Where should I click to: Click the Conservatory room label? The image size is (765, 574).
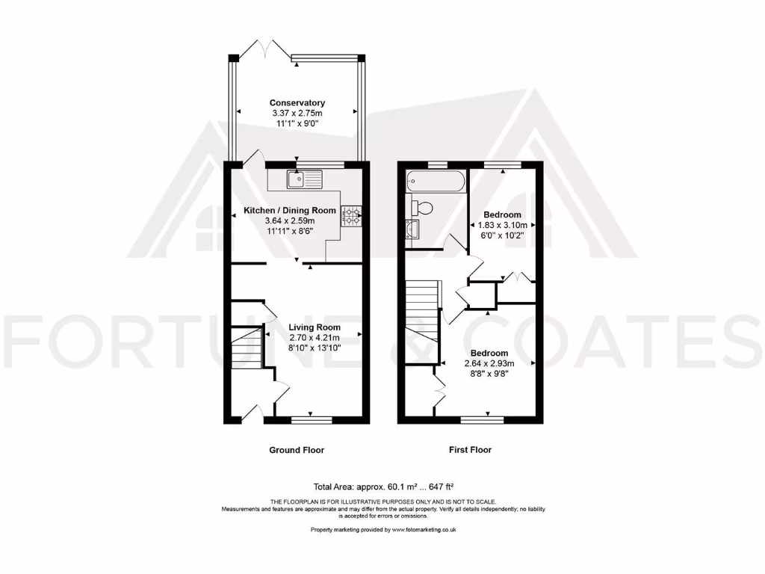pyautogui.click(x=297, y=102)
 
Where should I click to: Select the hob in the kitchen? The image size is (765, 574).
pyautogui.click(x=350, y=216)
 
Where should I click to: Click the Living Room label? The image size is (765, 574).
pyautogui.click(x=315, y=327)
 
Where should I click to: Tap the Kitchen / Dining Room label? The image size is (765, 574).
pyautogui.click(x=290, y=211)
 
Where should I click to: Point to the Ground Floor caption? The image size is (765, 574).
pyautogui.click(x=297, y=450)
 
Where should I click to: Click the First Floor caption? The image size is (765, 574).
pyautogui.click(x=469, y=450)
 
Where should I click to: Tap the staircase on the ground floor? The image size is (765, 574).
pyautogui.click(x=247, y=348)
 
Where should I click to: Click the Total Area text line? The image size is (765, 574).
pyautogui.click(x=382, y=486)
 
